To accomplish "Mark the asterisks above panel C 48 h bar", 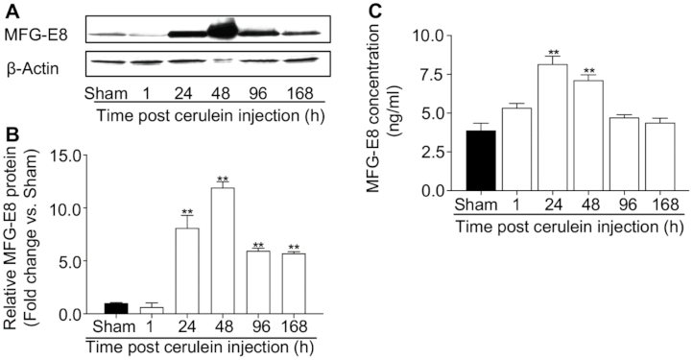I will tap(593, 71).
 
